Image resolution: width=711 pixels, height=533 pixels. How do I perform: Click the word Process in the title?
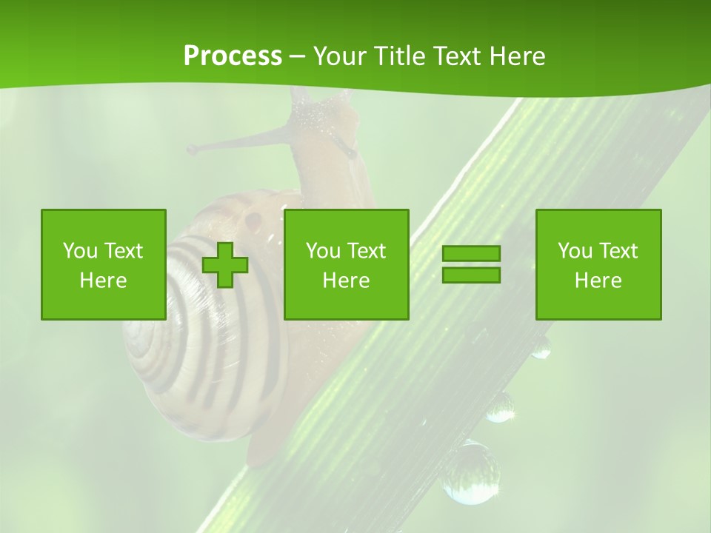233,56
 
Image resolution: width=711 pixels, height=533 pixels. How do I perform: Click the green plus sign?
225,265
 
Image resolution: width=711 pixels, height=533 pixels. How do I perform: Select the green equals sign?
471,264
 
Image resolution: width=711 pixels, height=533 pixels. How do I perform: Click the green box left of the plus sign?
104,264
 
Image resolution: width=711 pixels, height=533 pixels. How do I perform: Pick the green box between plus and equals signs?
346,264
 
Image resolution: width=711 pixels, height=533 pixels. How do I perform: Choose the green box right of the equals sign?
598,264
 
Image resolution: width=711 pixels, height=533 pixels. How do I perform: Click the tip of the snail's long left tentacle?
192,150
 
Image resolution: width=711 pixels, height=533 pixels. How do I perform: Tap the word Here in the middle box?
346,281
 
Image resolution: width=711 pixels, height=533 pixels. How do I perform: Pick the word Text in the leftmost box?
124,251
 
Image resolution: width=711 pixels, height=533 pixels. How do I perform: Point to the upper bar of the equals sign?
471,254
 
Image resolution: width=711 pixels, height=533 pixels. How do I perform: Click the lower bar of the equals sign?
471,275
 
